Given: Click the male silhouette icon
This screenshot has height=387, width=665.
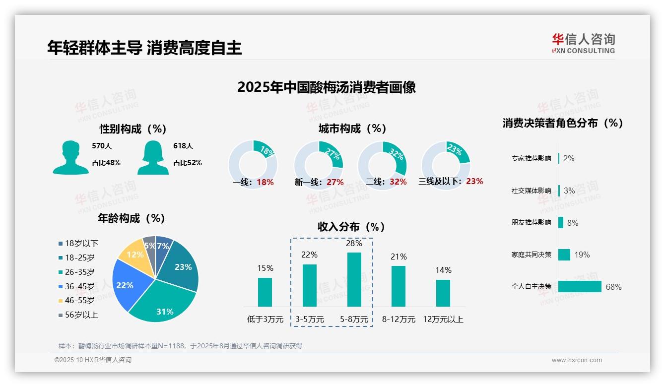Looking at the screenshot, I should coord(71,157).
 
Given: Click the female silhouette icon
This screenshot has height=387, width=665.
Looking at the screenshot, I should coord(153,157).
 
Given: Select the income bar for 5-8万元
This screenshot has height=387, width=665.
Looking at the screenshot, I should coord(354,279).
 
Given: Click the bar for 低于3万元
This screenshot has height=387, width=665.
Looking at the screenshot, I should coord(265,292).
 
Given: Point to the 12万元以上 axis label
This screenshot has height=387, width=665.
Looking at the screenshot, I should coord(443,320).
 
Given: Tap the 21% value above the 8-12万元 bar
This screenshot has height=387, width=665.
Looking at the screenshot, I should coord(399,257).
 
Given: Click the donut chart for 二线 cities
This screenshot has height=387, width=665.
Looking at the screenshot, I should coord(382,165).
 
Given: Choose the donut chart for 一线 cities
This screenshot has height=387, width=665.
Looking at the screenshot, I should coord(253,165).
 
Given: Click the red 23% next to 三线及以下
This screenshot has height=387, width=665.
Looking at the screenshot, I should coord(474,182).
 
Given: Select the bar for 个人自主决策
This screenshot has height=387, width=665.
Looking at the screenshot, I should coord(580,287).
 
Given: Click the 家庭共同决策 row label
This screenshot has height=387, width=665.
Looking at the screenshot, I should coord(531,255).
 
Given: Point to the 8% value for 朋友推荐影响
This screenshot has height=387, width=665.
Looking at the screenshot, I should coord(572,223).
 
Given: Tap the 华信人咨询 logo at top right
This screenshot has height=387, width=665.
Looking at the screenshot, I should coord(583,43).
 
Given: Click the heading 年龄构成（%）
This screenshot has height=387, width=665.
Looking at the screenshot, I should coord(132,218).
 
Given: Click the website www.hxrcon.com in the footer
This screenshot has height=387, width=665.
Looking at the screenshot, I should coord(577,360).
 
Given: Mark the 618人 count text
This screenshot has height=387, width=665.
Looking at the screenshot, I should coord(183,146).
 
